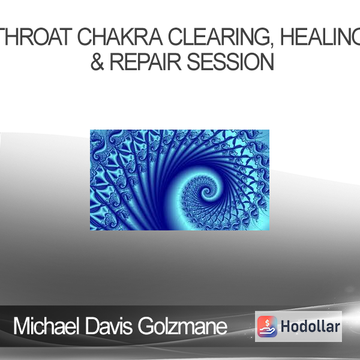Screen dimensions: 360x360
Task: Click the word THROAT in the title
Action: (35, 37)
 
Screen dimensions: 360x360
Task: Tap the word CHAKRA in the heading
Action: (120, 37)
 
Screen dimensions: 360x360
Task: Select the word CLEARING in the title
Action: (219, 37)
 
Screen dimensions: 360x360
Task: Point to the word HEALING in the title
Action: (320, 37)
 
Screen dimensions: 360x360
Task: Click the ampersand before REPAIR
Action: (97, 62)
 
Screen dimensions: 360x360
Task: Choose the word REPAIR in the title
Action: (146, 62)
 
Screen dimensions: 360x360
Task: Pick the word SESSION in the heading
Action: (230, 62)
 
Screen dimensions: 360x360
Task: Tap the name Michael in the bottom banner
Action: (46, 326)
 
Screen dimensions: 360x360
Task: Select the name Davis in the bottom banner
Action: (109, 326)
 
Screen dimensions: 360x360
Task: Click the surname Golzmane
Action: (182, 326)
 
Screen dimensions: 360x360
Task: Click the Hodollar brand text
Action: (310, 326)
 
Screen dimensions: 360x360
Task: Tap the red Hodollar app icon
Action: (267, 326)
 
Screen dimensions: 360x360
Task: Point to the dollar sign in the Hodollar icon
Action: (267, 323)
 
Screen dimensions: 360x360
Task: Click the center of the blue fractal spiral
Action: (207, 191)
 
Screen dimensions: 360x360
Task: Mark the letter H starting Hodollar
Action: (286, 326)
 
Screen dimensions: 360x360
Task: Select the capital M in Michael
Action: (21, 326)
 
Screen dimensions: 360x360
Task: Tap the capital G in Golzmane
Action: (146, 326)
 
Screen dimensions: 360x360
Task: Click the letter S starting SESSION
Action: (193, 62)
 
